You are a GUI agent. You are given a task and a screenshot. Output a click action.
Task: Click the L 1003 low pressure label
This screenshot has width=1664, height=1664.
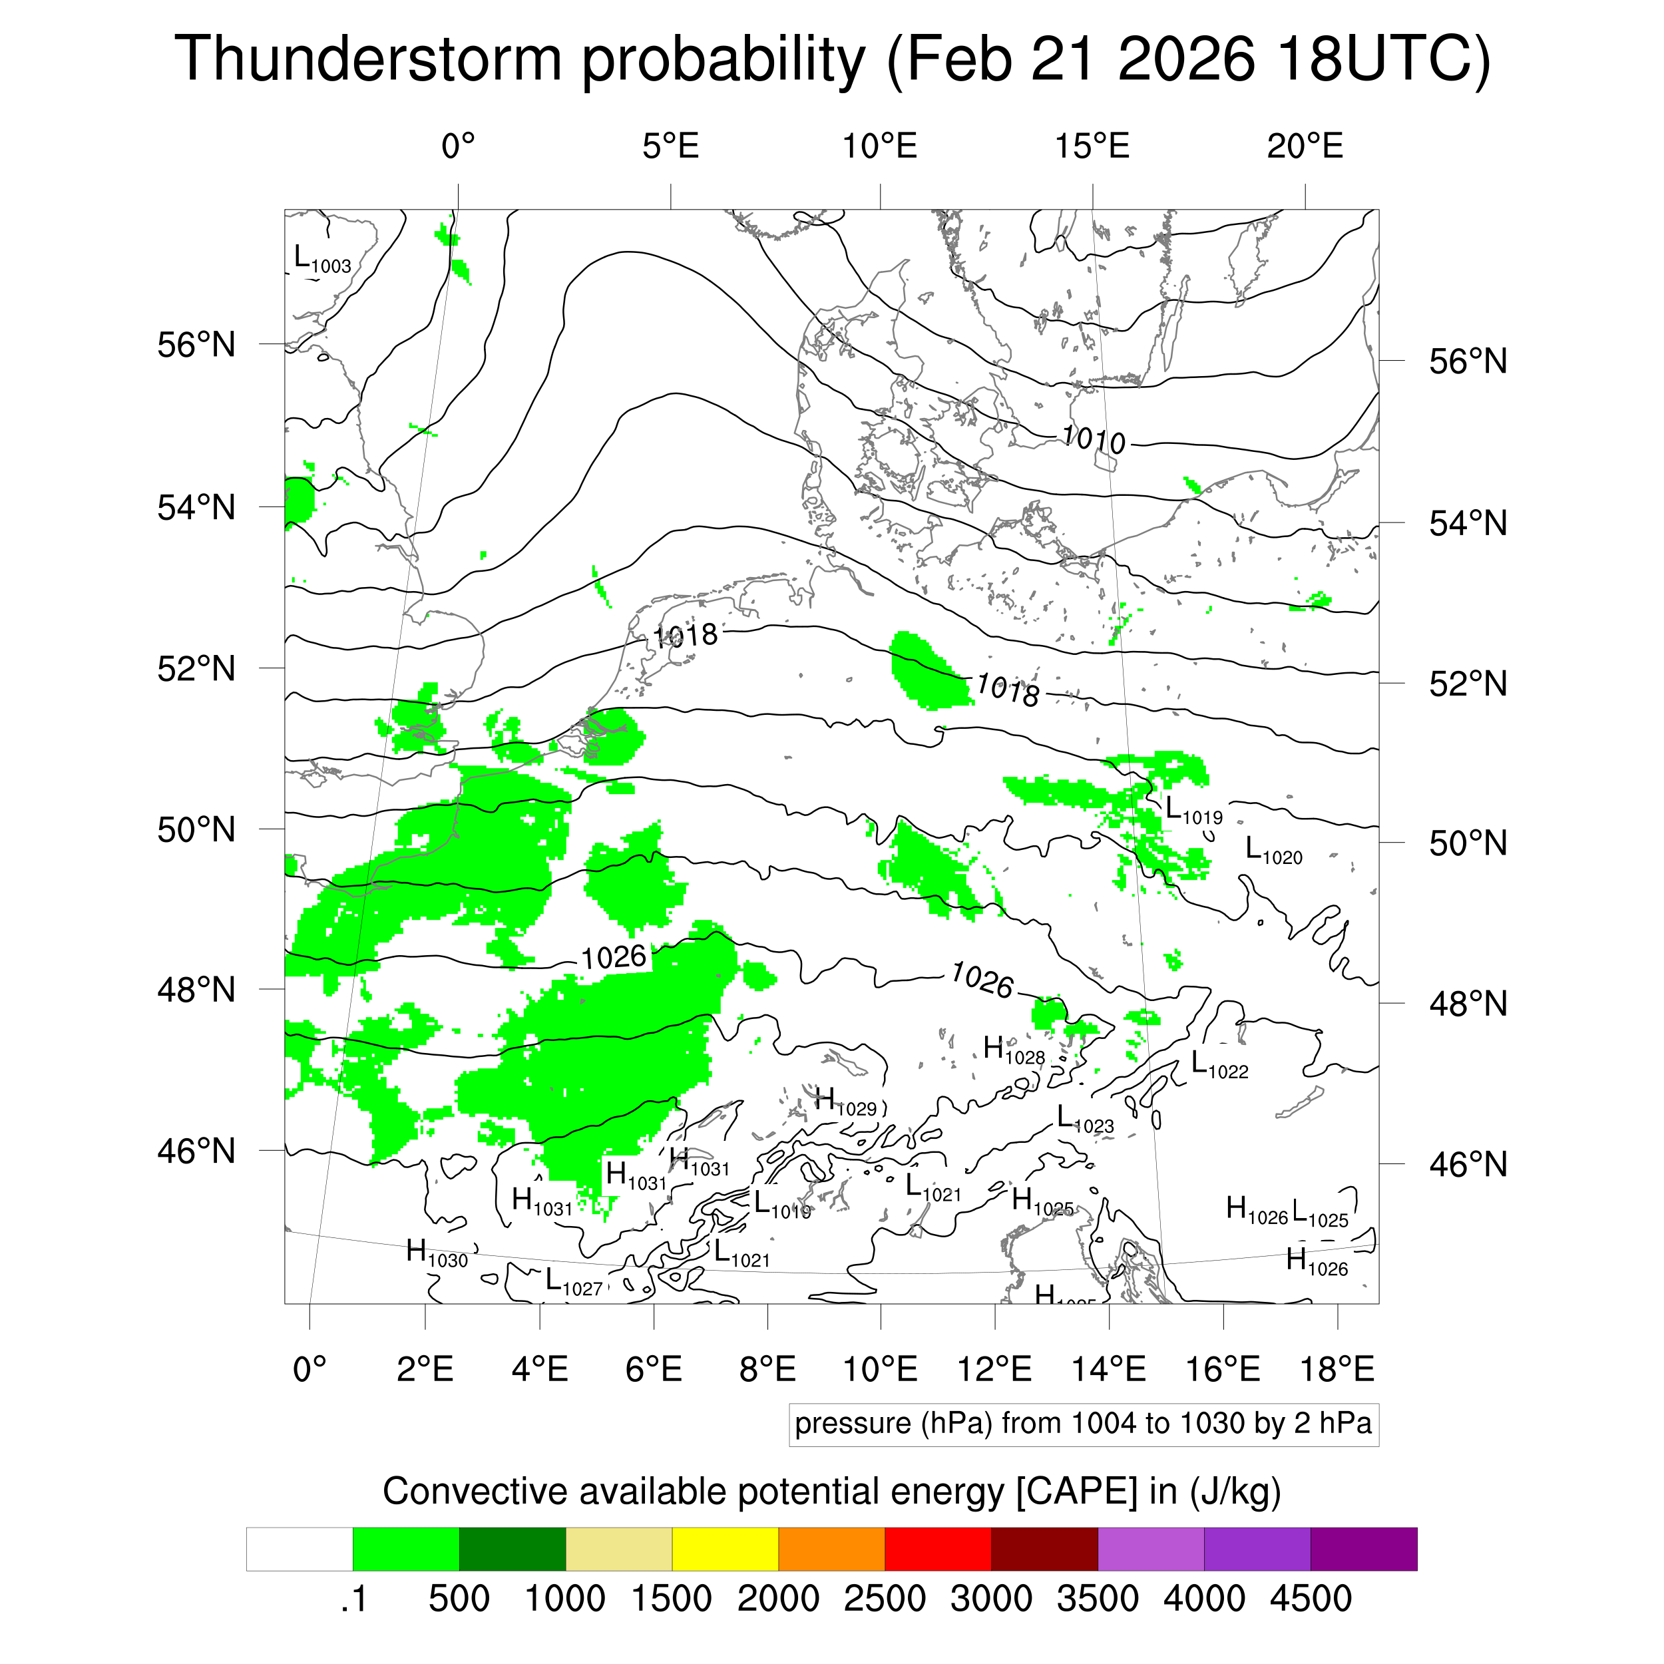tap(322, 258)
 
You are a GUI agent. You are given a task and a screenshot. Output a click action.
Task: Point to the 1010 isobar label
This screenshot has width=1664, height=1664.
tap(1093, 439)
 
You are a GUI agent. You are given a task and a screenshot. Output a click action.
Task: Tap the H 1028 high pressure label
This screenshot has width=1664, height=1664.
tap(1014, 1051)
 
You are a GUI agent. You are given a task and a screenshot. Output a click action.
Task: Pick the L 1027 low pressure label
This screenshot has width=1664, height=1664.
tap(574, 1281)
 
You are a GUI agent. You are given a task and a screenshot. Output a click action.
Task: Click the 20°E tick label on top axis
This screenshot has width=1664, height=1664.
tap(1304, 147)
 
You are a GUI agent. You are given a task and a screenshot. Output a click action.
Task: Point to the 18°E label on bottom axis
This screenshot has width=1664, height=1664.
tap(1337, 1368)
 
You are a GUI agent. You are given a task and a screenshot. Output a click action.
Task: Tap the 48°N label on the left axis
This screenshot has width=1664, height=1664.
tap(196, 990)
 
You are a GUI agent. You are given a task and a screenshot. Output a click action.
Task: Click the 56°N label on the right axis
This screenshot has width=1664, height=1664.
tap(1468, 361)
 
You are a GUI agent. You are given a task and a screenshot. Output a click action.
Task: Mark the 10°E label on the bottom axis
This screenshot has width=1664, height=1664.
tap(880, 1368)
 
